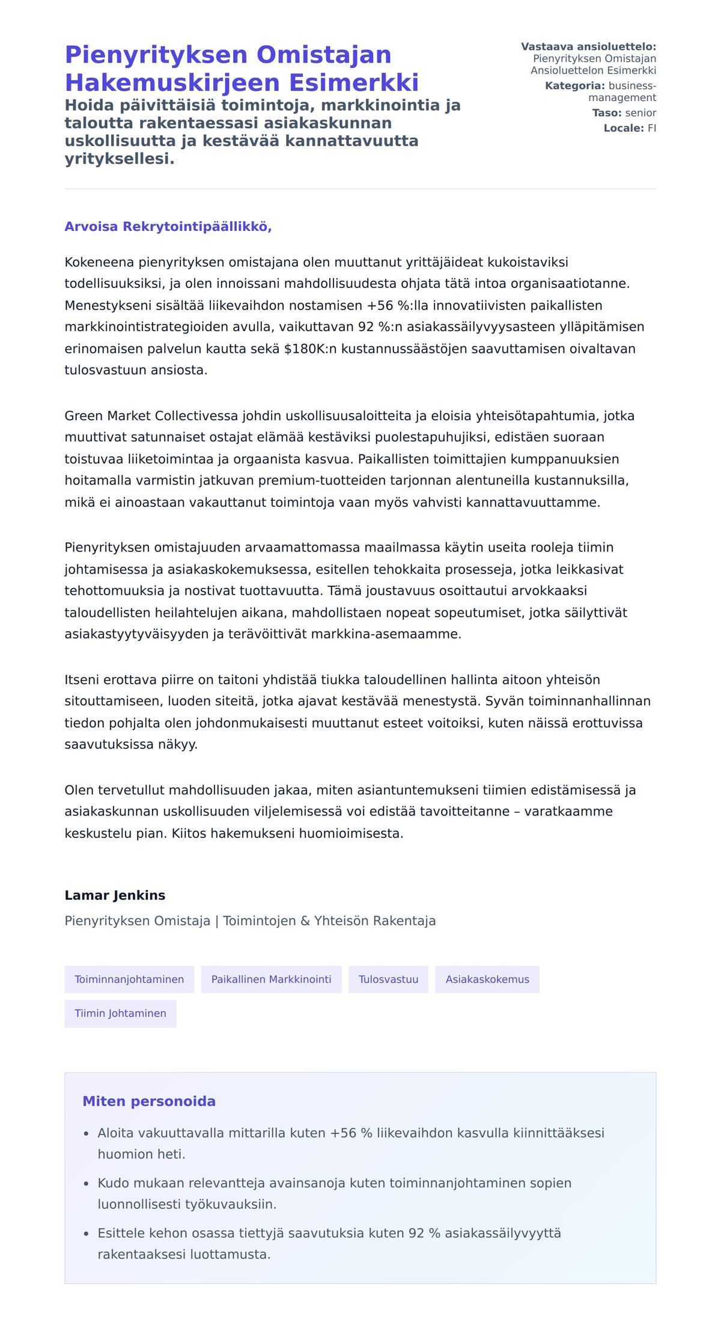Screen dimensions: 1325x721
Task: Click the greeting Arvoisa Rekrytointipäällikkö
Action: point(168,227)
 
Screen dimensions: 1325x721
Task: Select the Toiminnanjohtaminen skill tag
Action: point(129,979)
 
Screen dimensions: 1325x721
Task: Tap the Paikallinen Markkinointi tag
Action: point(271,979)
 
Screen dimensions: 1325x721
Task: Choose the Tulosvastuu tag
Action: point(388,979)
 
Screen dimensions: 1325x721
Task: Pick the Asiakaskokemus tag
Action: point(487,979)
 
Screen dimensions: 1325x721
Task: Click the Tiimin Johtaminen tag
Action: point(120,1013)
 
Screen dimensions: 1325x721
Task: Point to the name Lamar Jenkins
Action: point(115,895)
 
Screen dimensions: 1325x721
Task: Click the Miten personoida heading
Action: point(148,1101)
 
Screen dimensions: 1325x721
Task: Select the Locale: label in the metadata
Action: point(624,128)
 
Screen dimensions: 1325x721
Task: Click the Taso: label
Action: point(607,113)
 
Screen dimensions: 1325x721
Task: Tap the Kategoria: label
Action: point(574,86)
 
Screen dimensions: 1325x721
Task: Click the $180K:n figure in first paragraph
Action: point(310,349)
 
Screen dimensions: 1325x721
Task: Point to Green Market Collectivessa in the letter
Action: point(152,416)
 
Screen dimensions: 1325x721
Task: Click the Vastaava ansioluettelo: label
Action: point(588,47)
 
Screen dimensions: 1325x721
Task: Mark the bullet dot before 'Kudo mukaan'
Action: point(87,1184)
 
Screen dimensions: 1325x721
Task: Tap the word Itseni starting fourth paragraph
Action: point(82,680)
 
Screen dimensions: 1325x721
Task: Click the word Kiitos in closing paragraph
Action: point(189,833)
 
